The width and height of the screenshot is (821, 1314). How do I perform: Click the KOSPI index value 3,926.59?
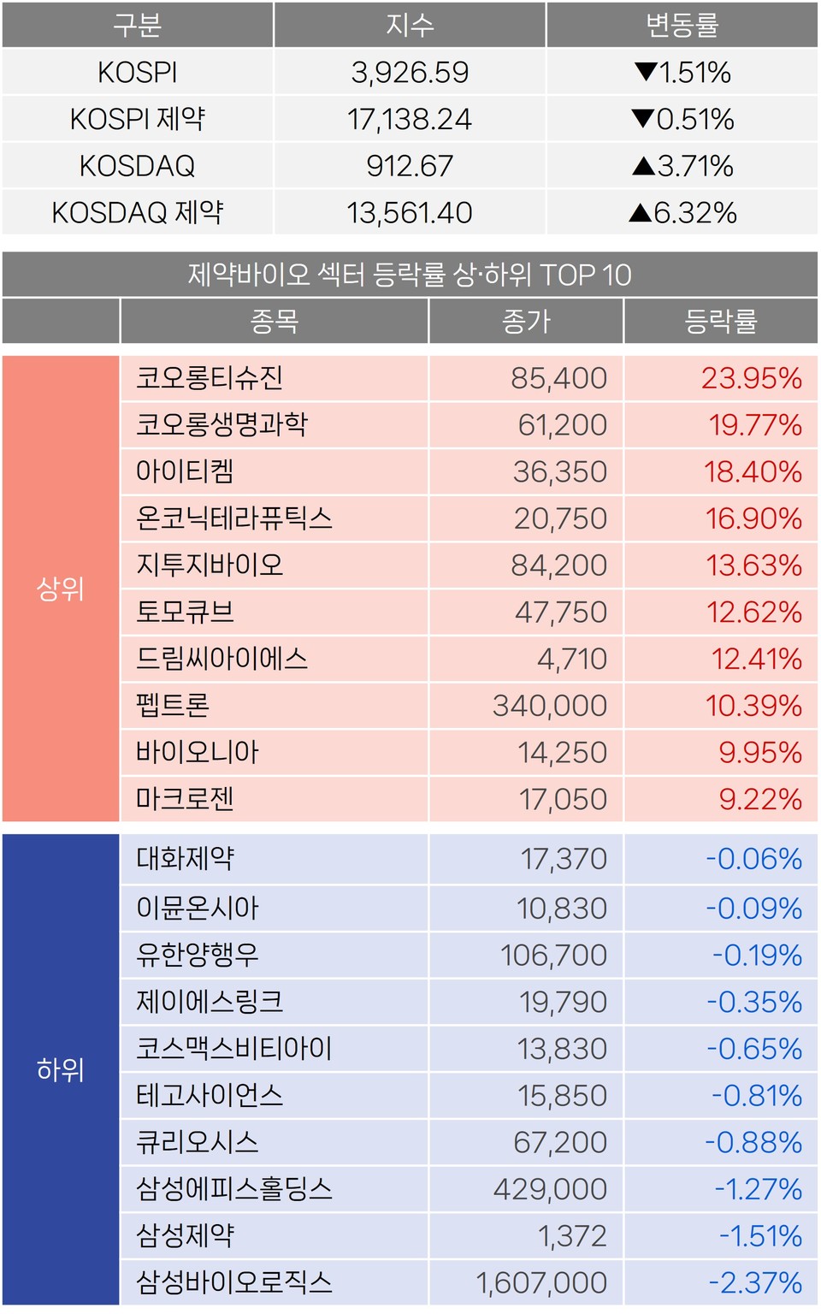pyautogui.click(x=410, y=73)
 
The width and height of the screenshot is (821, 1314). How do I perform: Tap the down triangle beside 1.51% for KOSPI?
pyautogui.click(x=646, y=72)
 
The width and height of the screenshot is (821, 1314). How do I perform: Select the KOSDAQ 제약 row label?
pyautogui.click(x=138, y=212)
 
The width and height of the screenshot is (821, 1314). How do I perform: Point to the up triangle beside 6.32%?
pyautogui.click(x=640, y=212)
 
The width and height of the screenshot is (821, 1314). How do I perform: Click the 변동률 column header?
pyautogui.click(x=682, y=26)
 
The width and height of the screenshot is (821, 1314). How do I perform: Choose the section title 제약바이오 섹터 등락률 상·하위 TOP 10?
pyautogui.click(x=410, y=275)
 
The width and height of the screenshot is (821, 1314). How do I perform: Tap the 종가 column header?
pyautogui.click(x=526, y=322)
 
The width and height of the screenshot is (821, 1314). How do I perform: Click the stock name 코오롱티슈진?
pyautogui.click(x=210, y=378)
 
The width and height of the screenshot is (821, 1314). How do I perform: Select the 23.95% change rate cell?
pyautogui.click(x=751, y=378)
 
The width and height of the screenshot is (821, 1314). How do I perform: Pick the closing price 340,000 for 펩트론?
pyautogui.click(x=549, y=706)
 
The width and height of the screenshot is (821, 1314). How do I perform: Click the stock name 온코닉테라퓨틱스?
pyautogui.click(x=233, y=518)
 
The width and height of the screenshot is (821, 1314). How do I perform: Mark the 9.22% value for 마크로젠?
pyautogui.click(x=759, y=799)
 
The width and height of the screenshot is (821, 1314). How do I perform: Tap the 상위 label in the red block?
pyautogui.click(x=61, y=589)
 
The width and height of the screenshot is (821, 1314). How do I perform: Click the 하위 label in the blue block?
pyautogui.click(x=61, y=1069)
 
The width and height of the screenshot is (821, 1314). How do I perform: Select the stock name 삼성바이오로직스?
pyautogui.click(x=233, y=1282)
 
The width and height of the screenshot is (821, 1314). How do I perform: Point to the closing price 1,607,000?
pyautogui.click(x=540, y=1282)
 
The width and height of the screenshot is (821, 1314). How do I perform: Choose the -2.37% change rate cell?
pyautogui.click(x=754, y=1282)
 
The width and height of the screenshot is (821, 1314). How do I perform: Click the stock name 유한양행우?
pyautogui.click(x=198, y=955)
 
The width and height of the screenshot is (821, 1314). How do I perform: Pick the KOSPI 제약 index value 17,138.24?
pyautogui.click(x=410, y=120)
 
